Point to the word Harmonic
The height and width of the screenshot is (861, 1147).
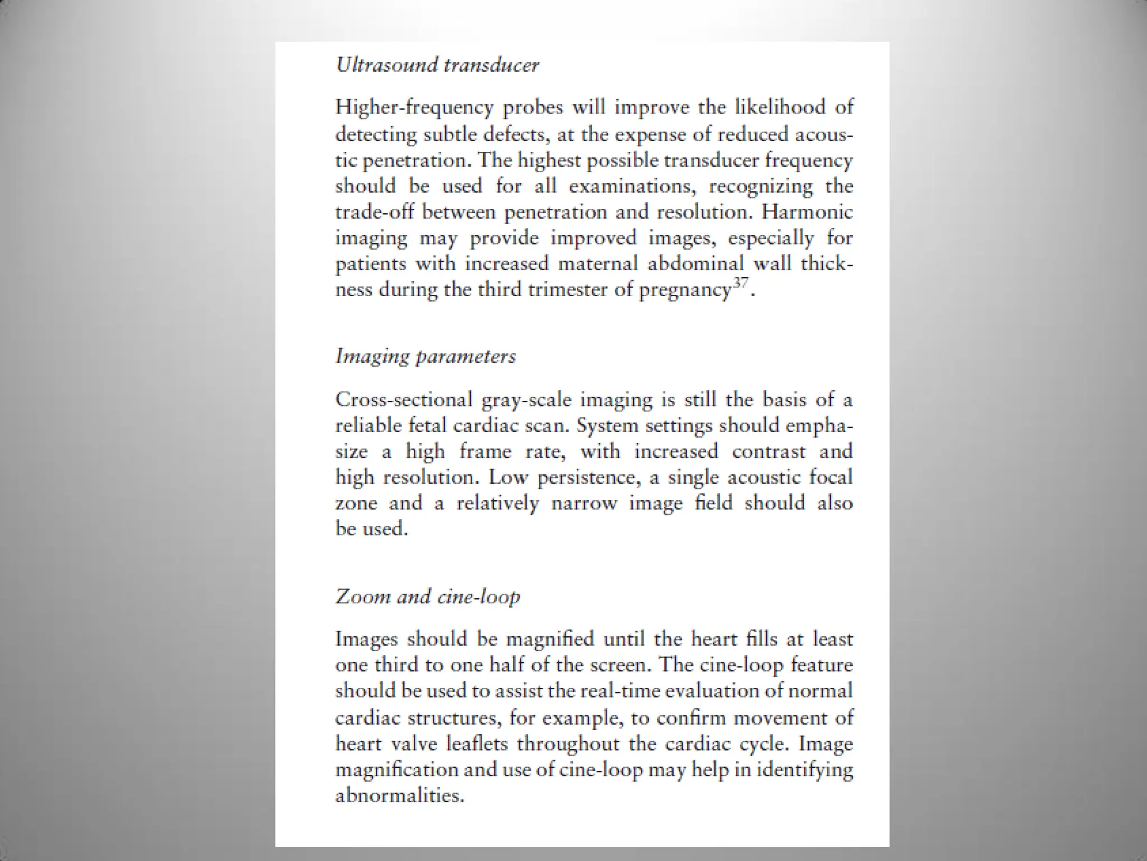click(808, 212)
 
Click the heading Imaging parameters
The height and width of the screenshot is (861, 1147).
click(426, 357)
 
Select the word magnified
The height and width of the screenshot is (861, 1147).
click(549, 639)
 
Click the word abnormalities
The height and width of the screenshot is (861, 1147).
click(400, 795)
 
